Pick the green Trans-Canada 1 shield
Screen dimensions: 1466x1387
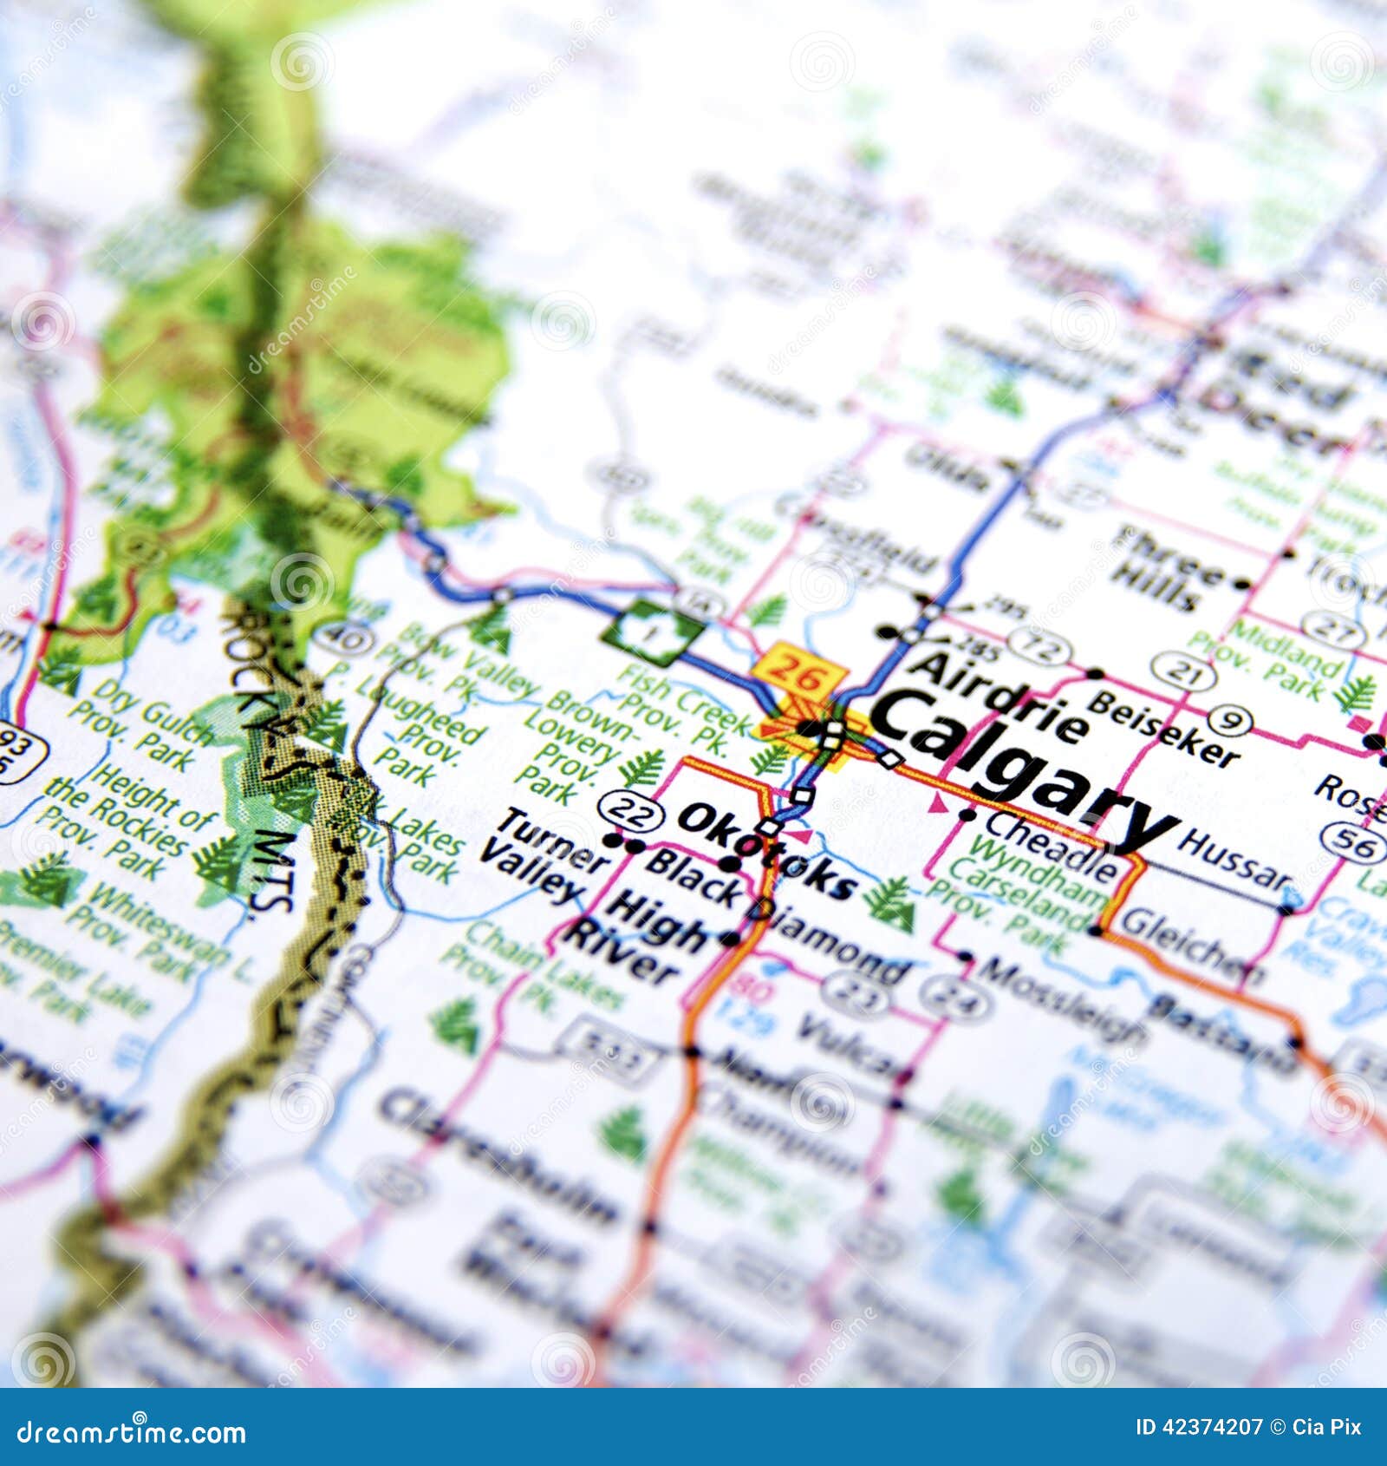pos(653,632)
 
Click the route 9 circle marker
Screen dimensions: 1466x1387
pos(1228,719)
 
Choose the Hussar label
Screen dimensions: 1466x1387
pos(1234,860)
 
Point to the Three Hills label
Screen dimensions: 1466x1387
pos(1165,567)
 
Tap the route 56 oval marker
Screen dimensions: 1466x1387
pos(1351,840)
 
